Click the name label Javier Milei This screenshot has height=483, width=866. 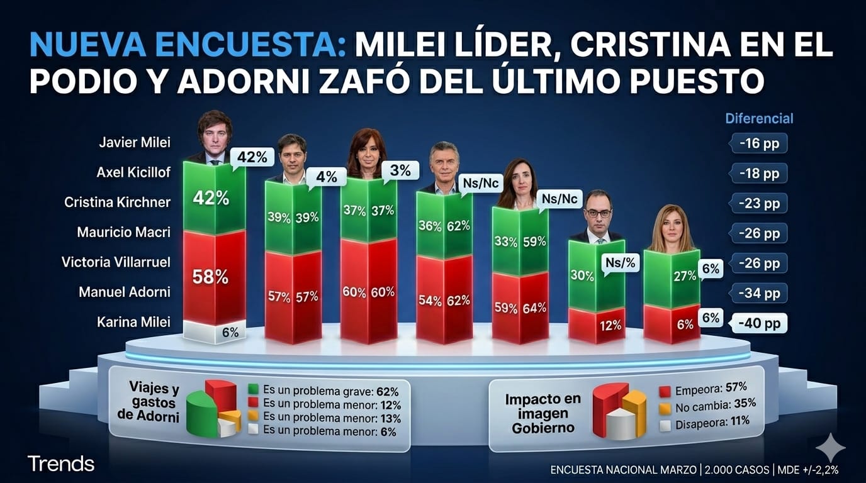point(134,142)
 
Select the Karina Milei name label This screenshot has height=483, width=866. point(133,322)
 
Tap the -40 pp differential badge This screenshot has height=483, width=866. point(758,323)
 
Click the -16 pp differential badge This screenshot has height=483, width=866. point(759,143)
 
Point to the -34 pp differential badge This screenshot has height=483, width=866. point(759,293)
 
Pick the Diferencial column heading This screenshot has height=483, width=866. point(759,118)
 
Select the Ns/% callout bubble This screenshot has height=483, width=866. point(620,263)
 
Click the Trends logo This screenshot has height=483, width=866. point(61,464)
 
